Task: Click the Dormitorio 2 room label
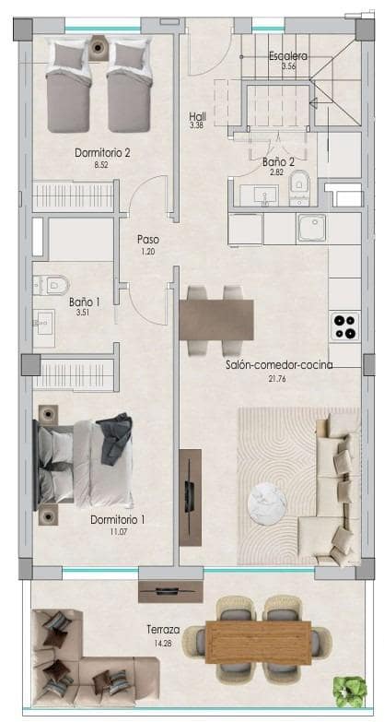pyautogui.click(x=102, y=153)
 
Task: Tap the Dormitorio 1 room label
pyautogui.click(x=118, y=520)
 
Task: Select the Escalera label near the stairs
pyautogui.click(x=288, y=56)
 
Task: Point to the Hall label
pyautogui.click(x=197, y=116)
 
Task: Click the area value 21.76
pyautogui.click(x=280, y=379)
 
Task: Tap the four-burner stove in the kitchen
pyautogui.click(x=345, y=326)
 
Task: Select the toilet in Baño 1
pyautogui.click(x=51, y=285)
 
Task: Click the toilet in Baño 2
pyautogui.click(x=300, y=186)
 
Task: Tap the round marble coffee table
pyautogui.click(x=267, y=503)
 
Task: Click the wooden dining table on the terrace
pyautogui.click(x=259, y=643)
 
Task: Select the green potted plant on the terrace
pyautogui.click(x=350, y=692)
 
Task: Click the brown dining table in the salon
pyautogui.click(x=216, y=320)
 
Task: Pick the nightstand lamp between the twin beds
pyautogui.click(x=98, y=47)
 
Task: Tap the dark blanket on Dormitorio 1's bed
pyautogui.click(x=115, y=439)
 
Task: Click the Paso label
pyautogui.click(x=148, y=240)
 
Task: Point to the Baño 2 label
pyautogui.click(x=278, y=162)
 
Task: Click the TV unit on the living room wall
pyautogui.click(x=191, y=497)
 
